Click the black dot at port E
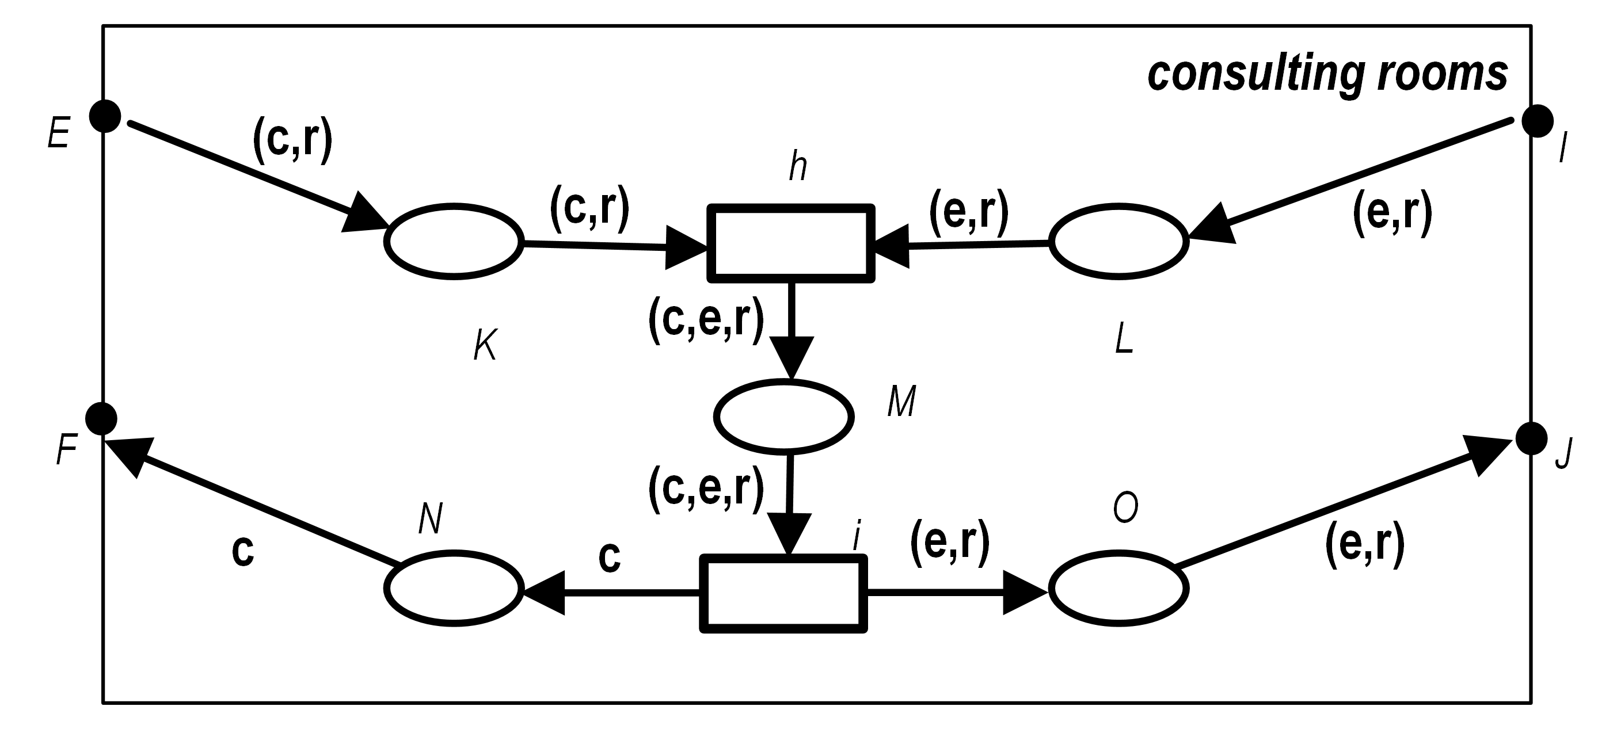[105, 116]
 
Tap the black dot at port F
[101, 418]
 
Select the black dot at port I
[1538, 121]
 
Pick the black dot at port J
[1531, 438]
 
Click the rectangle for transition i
[783, 593]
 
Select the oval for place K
[454, 241]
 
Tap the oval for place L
[1118, 241]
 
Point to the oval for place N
[454, 589]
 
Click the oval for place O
[1118, 589]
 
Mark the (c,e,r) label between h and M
[706, 320]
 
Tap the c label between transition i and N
[610, 556]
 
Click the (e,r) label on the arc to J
[1365, 545]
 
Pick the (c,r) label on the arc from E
[292, 141]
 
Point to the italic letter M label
[901, 401]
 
